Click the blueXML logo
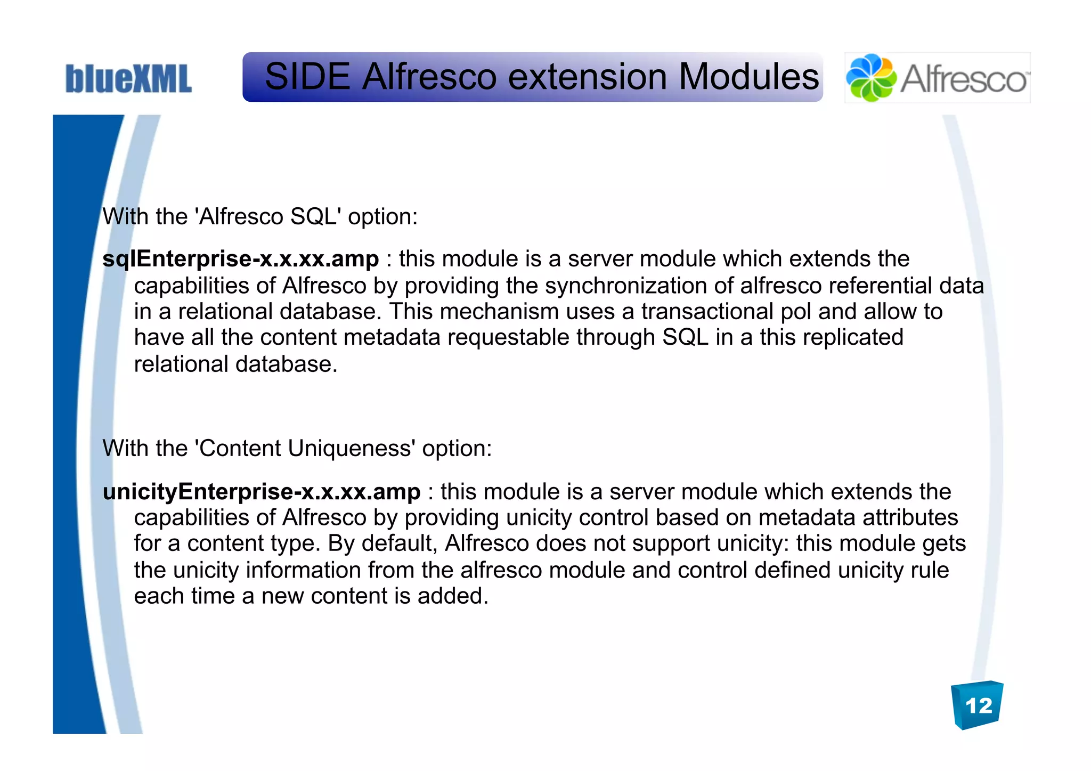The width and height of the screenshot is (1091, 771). (x=128, y=79)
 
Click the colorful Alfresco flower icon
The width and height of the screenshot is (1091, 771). (x=871, y=78)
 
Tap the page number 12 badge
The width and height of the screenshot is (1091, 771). (x=978, y=705)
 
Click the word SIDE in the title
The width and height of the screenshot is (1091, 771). (x=307, y=77)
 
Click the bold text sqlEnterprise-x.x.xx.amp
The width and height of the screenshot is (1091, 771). (x=241, y=259)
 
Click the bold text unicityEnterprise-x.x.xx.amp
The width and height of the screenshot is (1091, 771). (x=262, y=491)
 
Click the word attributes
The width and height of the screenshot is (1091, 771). (x=910, y=517)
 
